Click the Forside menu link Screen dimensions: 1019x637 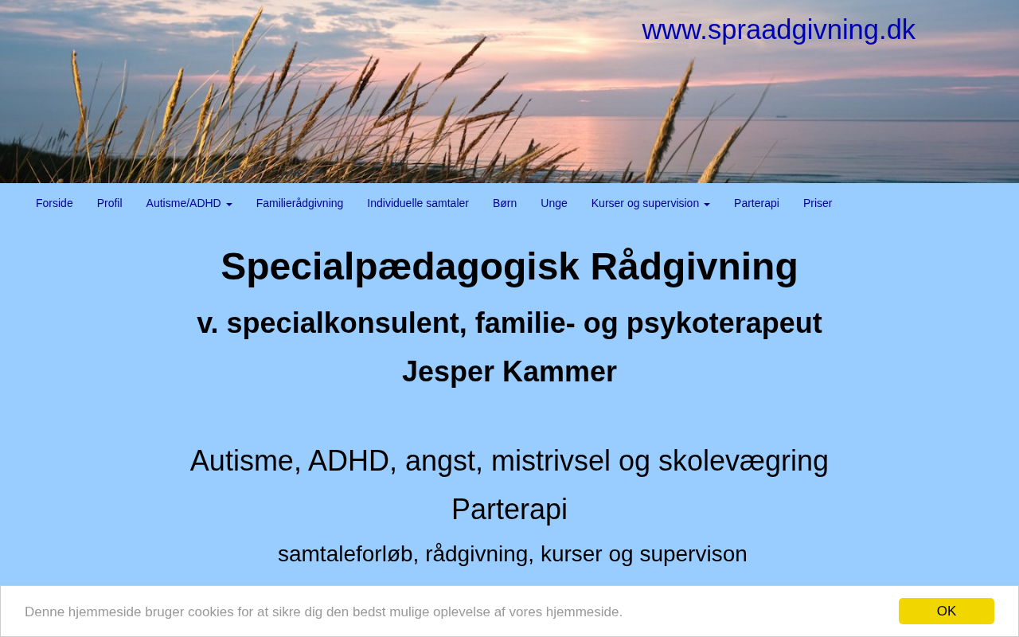(x=54, y=203)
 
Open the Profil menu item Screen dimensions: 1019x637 (x=109, y=203)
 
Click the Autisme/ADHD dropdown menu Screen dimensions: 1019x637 (x=189, y=203)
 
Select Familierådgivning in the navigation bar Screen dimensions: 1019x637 (x=299, y=203)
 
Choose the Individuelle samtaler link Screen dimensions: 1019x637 (x=418, y=203)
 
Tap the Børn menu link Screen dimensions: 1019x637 (x=505, y=203)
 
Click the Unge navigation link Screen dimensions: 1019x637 (x=553, y=203)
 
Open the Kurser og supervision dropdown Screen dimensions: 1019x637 (x=650, y=203)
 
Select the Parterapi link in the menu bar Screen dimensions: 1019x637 (x=756, y=203)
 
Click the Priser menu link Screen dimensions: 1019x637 (x=817, y=203)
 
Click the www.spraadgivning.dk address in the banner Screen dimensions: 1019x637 (x=778, y=30)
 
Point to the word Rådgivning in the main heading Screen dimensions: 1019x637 (x=693, y=268)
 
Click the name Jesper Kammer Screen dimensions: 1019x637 (x=509, y=372)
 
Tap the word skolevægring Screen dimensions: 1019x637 (x=744, y=462)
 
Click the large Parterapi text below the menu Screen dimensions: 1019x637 (x=509, y=510)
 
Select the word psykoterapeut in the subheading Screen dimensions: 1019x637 (x=724, y=324)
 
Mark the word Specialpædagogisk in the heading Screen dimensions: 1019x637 (x=400, y=268)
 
